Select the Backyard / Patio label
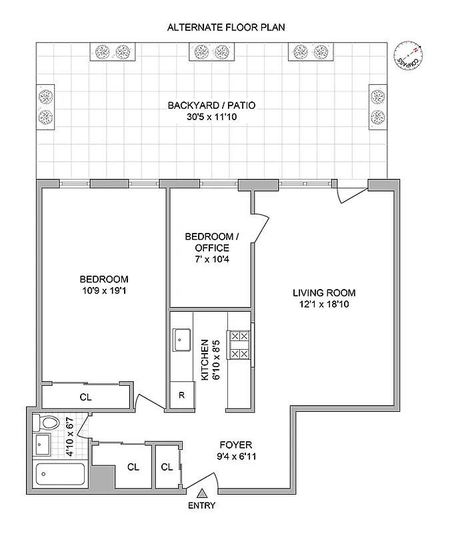[211, 105]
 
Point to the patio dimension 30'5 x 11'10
[211, 117]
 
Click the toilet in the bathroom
[47, 422]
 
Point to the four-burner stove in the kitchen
[239, 346]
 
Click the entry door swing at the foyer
[203, 485]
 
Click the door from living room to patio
[351, 192]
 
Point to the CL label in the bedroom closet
[85, 396]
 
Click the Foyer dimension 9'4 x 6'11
[236, 457]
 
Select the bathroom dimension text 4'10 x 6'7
[69, 437]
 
